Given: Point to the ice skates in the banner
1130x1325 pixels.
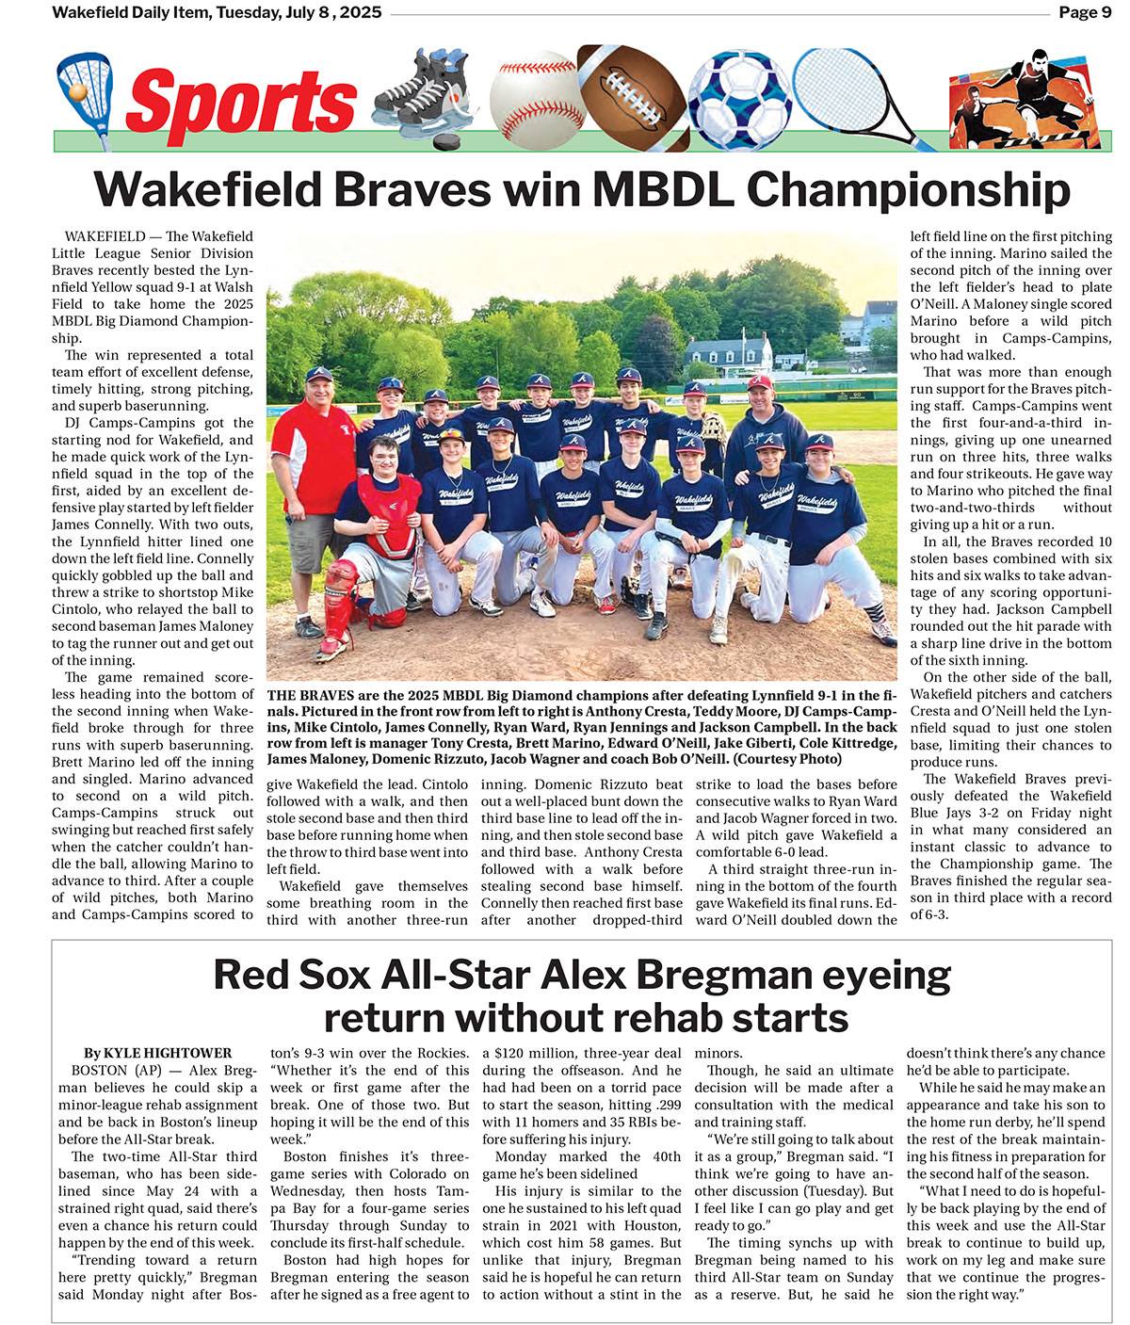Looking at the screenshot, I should (x=420, y=92).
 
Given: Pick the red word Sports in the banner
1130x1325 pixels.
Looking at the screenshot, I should (x=241, y=103).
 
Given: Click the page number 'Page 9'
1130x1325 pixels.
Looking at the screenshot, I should (x=1085, y=12).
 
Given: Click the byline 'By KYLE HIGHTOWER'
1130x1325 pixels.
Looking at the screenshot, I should (x=157, y=1053).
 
